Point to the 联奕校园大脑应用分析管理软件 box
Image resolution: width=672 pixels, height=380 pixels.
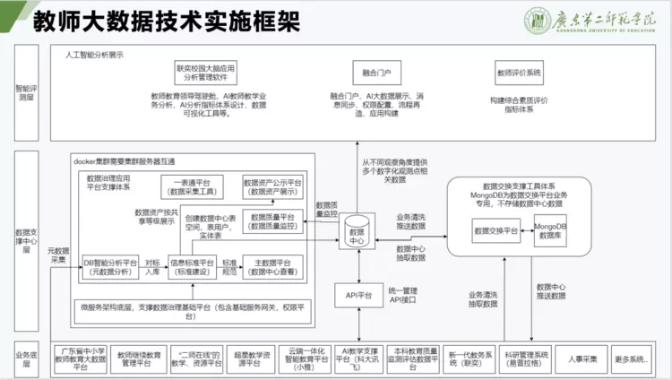(x=205, y=72)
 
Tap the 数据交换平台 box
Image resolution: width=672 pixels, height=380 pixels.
(x=495, y=230)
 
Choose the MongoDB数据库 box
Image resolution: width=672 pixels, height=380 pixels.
(x=549, y=230)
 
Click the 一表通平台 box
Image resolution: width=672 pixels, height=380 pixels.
(x=192, y=186)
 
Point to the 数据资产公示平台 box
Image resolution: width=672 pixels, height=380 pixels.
(x=272, y=186)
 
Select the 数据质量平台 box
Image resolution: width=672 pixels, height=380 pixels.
(x=272, y=221)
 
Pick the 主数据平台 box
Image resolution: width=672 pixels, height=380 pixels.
(x=272, y=266)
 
